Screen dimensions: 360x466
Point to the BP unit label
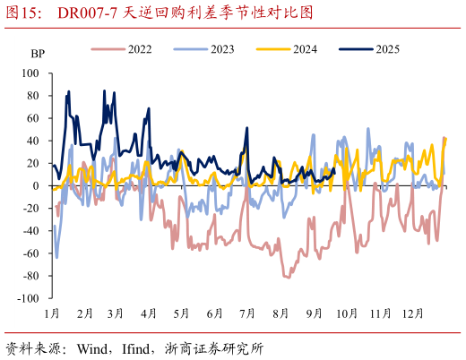point(37,54)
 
